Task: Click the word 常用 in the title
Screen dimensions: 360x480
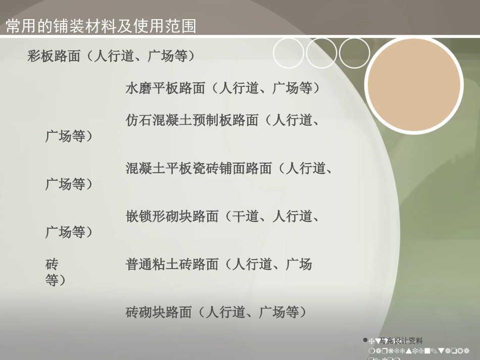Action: point(19,26)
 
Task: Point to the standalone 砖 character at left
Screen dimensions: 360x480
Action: point(52,264)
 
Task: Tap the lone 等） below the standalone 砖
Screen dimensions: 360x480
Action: point(56,280)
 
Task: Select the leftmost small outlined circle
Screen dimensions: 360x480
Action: point(289,54)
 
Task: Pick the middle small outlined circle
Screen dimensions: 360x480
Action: point(321,54)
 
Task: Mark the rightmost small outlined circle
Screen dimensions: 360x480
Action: point(355,54)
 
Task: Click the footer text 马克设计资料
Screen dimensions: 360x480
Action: point(401,341)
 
